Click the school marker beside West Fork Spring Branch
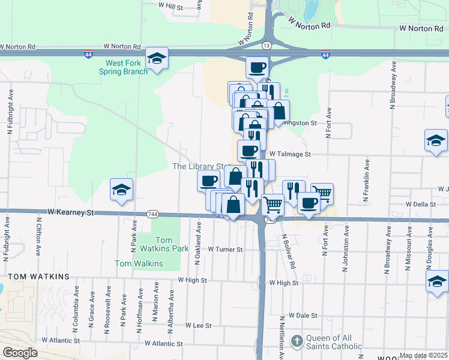[x=157, y=58]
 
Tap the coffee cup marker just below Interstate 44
[x=258, y=67]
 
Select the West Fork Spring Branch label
[x=126, y=67]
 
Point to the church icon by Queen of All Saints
[x=296, y=341]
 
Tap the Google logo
[x=19, y=353]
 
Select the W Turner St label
[x=225, y=249]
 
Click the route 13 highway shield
[x=265, y=44]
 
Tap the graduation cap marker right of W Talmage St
[x=436, y=141]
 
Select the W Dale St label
[x=302, y=314]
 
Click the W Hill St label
[x=170, y=5]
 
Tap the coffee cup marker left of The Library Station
[x=209, y=180]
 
